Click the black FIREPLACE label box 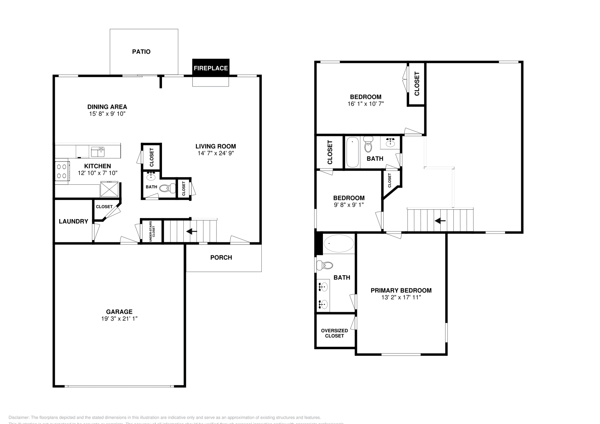coord(210,68)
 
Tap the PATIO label coord(141,52)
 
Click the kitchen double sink coord(98,152)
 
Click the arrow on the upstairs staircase coord(440,221)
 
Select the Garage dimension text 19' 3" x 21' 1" coord(119,319)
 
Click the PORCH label coord(221,257)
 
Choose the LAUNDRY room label coord(73,221)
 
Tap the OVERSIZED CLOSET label coord(334,333)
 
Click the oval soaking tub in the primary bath coord(339,244)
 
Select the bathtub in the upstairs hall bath coord(352,152)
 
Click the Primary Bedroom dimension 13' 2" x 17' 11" coord(401,297)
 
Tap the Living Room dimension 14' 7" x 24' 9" coord(216,153)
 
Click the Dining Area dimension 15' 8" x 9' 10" coord(107,113)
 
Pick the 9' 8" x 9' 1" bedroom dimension coord(349,205)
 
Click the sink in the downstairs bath coord(151,176)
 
